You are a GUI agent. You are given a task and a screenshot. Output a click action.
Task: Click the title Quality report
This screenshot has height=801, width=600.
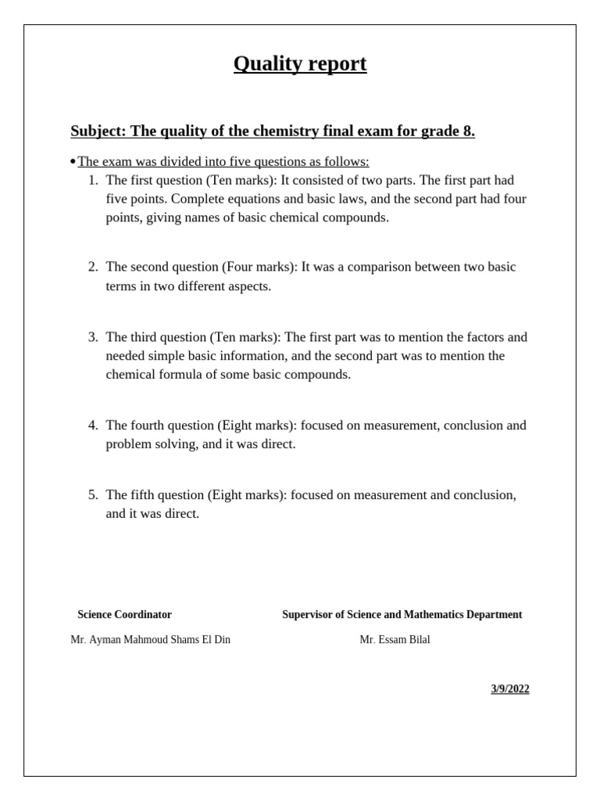point(300,64)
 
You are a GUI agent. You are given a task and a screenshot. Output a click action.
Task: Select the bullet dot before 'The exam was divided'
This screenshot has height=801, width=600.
point(73,162)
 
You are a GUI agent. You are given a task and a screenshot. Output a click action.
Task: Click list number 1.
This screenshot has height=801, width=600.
point(93,180)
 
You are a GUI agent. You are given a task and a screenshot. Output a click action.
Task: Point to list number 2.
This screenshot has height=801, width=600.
point(93,268)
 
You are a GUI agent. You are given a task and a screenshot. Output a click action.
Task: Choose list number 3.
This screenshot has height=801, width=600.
point(93,337)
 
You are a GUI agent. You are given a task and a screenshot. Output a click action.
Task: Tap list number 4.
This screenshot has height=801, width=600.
point(93,426)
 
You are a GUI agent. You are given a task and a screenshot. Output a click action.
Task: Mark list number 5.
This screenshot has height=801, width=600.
point(93,495)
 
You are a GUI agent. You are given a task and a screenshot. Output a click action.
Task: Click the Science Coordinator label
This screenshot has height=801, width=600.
point(124,615)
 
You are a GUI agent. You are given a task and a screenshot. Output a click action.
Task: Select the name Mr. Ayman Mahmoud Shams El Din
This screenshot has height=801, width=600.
point(150,640)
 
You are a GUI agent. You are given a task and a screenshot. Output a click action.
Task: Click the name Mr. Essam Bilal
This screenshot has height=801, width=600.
point(395,640)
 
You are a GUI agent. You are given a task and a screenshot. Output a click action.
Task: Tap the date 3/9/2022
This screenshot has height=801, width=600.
point(510,689)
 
